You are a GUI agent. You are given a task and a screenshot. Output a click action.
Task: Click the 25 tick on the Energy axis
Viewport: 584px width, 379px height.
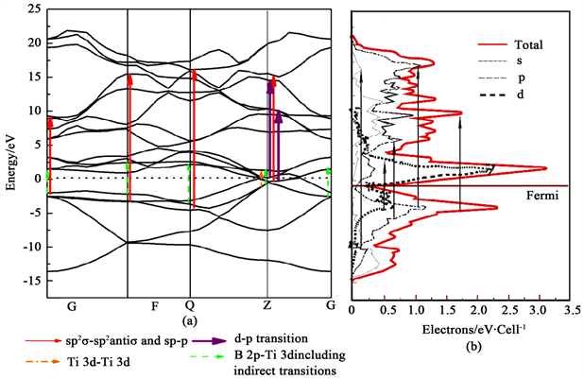pos(34,9)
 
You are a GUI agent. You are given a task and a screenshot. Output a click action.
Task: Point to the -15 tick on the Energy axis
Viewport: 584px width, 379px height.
pos(30,281)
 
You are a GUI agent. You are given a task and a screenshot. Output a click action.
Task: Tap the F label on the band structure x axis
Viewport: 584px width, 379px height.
pos(156,305)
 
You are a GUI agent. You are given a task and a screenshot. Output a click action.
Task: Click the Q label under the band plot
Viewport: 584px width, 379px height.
pos(190,305)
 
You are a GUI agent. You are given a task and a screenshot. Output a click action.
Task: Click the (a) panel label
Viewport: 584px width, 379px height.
pos(190,320)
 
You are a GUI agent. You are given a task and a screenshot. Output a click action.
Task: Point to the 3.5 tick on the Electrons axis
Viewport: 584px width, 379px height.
pos(569,308)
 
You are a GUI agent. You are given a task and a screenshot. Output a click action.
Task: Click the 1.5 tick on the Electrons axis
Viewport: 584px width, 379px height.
pos(445,308)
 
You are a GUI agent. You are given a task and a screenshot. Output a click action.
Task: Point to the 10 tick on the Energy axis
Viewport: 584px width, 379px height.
pos(34,111)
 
